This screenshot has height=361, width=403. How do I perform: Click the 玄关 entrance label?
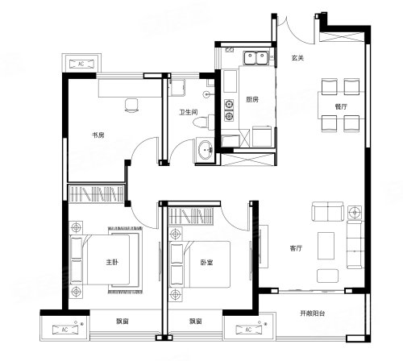(297, 58)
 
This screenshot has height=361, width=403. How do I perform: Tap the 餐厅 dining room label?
(341, 106)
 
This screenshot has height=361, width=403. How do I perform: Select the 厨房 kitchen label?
(252, 100)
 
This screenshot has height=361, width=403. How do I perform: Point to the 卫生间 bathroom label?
(189, 112)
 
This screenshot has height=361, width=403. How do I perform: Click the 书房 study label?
(98, 135)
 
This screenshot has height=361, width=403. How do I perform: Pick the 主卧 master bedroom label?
(112, 262)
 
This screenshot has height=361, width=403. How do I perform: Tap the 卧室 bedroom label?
(206, 262)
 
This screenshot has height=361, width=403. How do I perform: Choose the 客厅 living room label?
(296, 248)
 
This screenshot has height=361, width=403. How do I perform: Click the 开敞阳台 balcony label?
(313, 313)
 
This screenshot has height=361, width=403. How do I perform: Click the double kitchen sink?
(256, 58)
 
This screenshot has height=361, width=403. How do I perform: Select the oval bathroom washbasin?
(206, 150)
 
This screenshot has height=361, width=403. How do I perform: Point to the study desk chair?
(131, 105)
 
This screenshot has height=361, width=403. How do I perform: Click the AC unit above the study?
(81, 64)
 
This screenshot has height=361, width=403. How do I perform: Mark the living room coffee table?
(326, 246)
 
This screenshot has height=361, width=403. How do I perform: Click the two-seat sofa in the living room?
(327, 211)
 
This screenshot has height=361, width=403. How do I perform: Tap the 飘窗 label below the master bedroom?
(123, 321)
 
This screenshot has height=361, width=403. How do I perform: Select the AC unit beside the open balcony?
(248, 330)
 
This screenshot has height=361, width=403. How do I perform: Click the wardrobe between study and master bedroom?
(97, 193)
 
